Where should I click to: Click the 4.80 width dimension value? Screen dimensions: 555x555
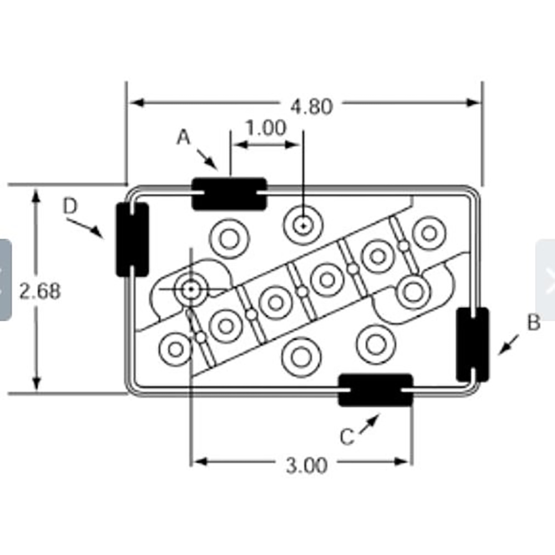point(311,106)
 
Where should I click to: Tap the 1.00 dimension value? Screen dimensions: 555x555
point(266,128)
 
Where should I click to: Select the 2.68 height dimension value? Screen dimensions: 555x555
point(39,291)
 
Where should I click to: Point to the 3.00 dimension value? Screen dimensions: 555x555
point(306,465)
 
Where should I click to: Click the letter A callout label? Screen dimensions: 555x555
point(183,137)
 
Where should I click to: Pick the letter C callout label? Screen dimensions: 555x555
point(347,436)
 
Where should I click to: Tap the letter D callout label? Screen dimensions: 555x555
point(70,206)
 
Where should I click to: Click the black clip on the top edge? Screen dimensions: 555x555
point(229,194)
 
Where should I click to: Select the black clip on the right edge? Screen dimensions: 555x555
point(473,345)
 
